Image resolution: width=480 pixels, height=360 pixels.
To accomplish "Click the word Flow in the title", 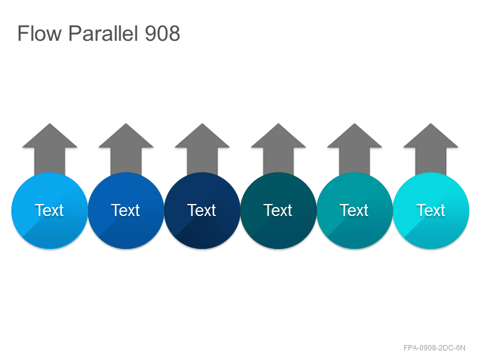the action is [40, 33].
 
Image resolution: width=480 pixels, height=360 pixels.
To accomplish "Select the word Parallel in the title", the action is [103, 33].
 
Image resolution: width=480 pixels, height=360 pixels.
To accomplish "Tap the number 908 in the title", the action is [162, 33].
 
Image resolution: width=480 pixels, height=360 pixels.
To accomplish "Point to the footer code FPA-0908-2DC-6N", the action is [434, 348].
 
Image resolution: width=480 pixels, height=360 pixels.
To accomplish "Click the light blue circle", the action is [50, 211].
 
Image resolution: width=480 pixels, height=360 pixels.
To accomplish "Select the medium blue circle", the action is [126, 211].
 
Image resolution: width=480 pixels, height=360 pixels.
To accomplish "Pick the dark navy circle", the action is [202, 211].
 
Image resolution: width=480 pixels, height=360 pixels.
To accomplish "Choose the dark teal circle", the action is [278, 211].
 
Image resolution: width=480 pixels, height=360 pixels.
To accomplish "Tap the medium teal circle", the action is [355, 211].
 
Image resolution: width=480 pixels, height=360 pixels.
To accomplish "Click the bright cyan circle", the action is [431, 211].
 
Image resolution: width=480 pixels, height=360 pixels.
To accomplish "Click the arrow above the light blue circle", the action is [50, 148].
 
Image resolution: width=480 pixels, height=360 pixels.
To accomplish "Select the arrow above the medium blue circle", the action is [126, 148].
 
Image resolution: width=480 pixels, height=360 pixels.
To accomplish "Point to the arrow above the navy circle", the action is [202, 148].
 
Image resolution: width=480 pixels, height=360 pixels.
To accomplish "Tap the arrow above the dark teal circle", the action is [278, 148].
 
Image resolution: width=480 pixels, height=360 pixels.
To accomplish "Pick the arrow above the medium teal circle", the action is [355, 148].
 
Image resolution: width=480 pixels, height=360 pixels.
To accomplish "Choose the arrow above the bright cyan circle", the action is [431, 148].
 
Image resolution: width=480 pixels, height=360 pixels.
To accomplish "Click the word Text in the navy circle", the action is [202, 211].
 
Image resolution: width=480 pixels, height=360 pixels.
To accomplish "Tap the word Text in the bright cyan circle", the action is [430, 211].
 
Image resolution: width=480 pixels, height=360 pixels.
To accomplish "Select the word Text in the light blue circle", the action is [49, 211].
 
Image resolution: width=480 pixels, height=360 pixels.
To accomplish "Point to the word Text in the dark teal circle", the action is [278, 211].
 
